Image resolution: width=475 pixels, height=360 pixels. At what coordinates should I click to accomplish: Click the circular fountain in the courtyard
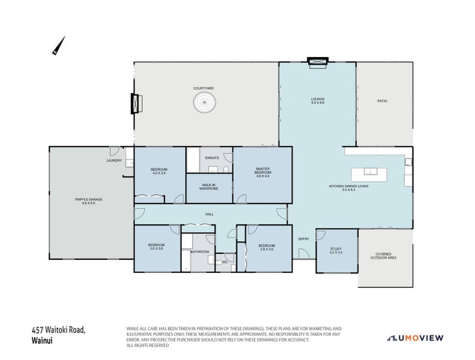(x=204, y=103)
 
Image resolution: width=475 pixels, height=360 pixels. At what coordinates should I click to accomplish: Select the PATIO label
(x=382, y=101)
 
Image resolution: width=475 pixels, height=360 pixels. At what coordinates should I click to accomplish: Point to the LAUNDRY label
(x=114, y=160)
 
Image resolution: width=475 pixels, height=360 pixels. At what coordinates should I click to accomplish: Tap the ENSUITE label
(x=212, y=158)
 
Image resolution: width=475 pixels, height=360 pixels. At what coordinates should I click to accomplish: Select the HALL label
(x=209, y=214)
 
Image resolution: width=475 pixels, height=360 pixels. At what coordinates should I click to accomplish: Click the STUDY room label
(x=336, y=250)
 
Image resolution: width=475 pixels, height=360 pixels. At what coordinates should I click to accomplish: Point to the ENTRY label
(x=304, y=239)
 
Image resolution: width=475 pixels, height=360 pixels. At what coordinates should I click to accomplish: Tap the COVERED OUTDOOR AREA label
(x=385, y=256)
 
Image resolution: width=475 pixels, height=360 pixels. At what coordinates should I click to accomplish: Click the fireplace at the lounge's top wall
(x=318, y=61)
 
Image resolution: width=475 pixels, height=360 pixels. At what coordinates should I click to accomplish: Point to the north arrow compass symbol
(x=58, y=46)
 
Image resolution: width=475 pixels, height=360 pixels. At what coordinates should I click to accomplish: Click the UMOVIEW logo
(x=414, y=338)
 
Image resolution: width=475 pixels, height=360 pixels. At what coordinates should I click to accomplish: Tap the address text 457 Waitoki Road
(x=58, y=330)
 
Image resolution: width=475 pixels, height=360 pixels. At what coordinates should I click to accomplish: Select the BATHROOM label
(x=199, y=251)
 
